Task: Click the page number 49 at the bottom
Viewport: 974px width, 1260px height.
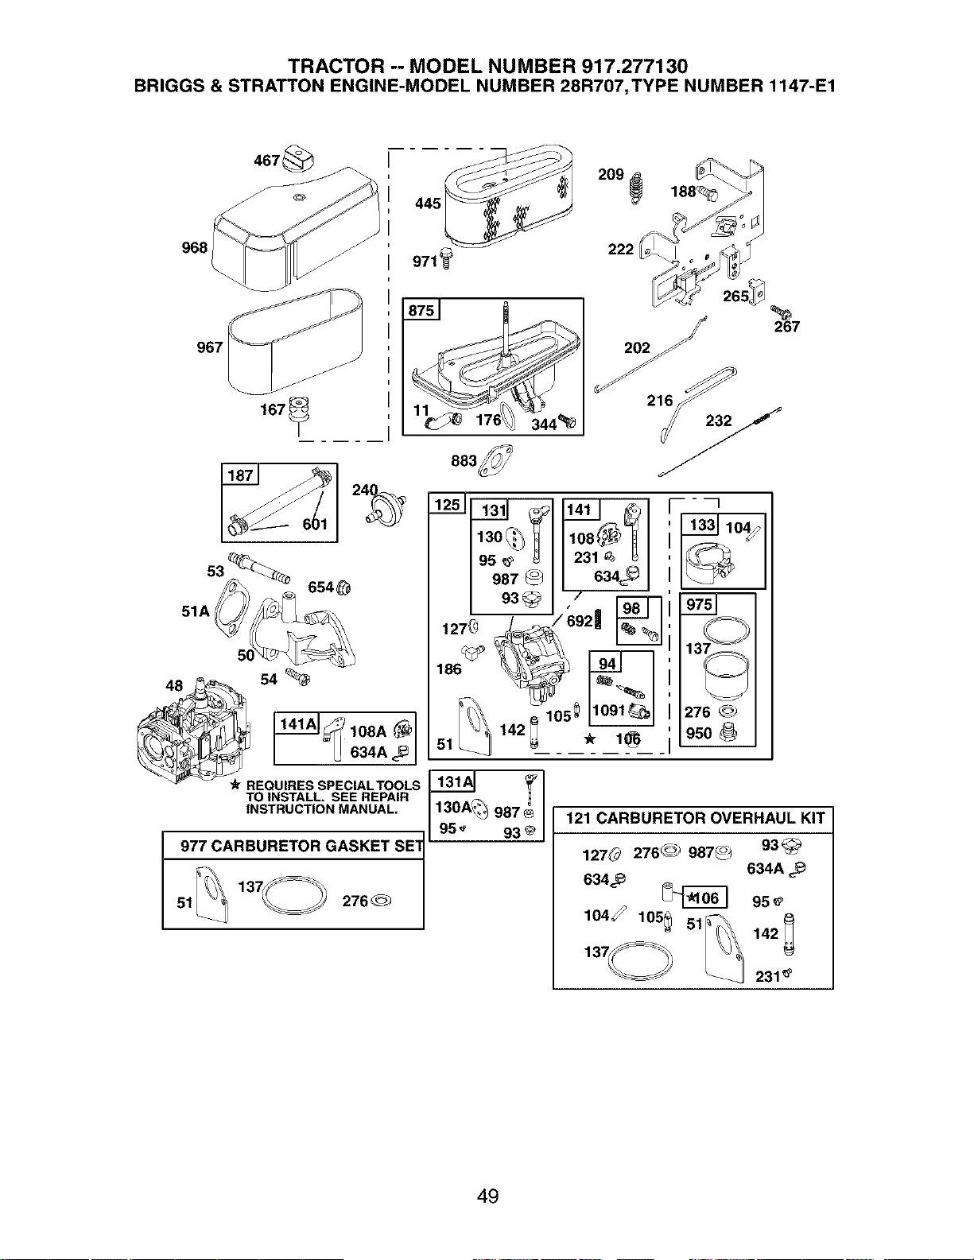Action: (x=487, y=1196)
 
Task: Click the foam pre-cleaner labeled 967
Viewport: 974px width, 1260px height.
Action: (x=295, y=342)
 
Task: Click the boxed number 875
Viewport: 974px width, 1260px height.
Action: (x=421, y=310)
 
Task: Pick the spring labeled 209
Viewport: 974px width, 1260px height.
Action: (x=637, y=188)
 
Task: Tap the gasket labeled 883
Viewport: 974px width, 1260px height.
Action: (x=495, y=460)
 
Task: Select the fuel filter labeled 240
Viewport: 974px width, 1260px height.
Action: (x=386, y=508)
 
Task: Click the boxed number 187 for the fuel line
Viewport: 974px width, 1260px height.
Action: (x=240, y=475)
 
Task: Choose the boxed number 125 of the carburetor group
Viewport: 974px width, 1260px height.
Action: (x=447, y=505)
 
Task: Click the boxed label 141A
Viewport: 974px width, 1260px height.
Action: (x=297, y=723)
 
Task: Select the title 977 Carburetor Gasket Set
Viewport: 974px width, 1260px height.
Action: (x=301, y=846)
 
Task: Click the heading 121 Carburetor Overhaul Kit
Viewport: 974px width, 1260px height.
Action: (x=695, y=818)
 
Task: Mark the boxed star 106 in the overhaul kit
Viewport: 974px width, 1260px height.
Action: (x=704, y=898)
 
